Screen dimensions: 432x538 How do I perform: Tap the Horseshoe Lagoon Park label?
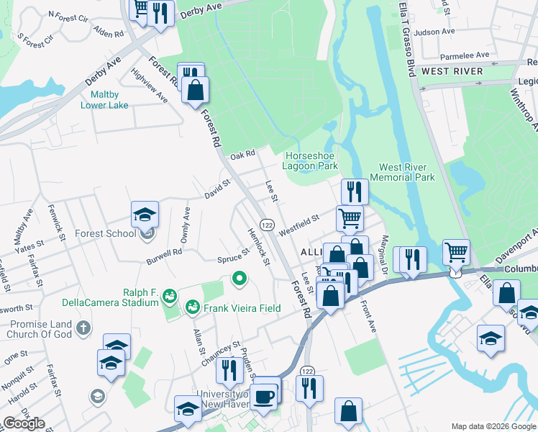311,161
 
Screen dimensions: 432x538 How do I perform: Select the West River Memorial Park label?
402,172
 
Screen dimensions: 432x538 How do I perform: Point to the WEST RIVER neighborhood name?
451,71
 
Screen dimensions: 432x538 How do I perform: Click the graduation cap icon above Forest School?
145,214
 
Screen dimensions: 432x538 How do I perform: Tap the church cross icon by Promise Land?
83,329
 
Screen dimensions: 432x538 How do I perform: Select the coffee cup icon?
264,395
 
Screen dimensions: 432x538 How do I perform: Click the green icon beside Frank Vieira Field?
193,308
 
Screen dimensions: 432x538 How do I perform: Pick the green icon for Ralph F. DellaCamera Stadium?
170,295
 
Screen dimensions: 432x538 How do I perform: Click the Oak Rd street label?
243,155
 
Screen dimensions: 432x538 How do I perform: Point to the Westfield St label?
298,220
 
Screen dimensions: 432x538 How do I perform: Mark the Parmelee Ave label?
465,55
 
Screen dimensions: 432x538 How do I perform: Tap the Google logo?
24,423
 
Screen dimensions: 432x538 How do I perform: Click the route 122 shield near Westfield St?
266,225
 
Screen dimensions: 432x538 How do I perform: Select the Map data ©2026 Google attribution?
493,426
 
